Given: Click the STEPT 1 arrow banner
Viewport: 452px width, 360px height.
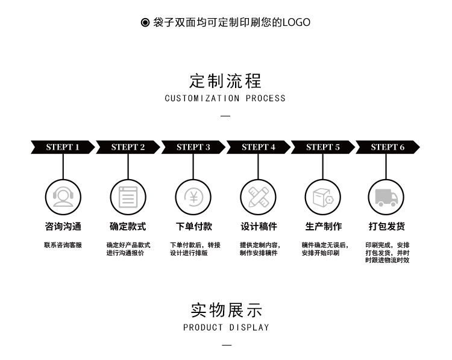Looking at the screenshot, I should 63,147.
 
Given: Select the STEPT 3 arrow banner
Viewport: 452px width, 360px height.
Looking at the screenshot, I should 193,147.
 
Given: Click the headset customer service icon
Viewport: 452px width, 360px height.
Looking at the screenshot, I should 63,197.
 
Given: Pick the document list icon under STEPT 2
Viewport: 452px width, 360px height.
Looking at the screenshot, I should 128,197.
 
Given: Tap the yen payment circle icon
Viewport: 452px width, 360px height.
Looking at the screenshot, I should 193,197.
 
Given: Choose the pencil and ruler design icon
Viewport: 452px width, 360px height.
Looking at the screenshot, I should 259,197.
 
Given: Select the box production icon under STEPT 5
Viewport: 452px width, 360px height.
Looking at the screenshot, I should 323,197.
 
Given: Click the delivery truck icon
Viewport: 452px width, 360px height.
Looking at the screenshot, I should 386,197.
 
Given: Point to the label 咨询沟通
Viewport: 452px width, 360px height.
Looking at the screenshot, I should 63,227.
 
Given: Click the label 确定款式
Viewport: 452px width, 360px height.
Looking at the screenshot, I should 128,227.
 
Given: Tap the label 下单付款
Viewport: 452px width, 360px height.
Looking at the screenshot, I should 193,227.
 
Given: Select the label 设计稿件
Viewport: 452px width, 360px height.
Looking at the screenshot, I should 259,227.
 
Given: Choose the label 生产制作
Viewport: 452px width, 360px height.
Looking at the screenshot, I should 323,227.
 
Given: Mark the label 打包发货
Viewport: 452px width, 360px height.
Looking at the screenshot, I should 387,227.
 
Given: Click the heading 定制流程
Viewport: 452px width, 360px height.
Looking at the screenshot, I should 226,81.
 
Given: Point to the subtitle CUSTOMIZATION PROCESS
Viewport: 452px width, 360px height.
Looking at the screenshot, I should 225,98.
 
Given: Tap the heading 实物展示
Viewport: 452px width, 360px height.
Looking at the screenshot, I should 226,310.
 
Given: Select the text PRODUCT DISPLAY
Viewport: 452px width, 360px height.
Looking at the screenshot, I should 226,327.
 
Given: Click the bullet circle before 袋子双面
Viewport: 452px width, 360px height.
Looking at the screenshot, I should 145,23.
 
